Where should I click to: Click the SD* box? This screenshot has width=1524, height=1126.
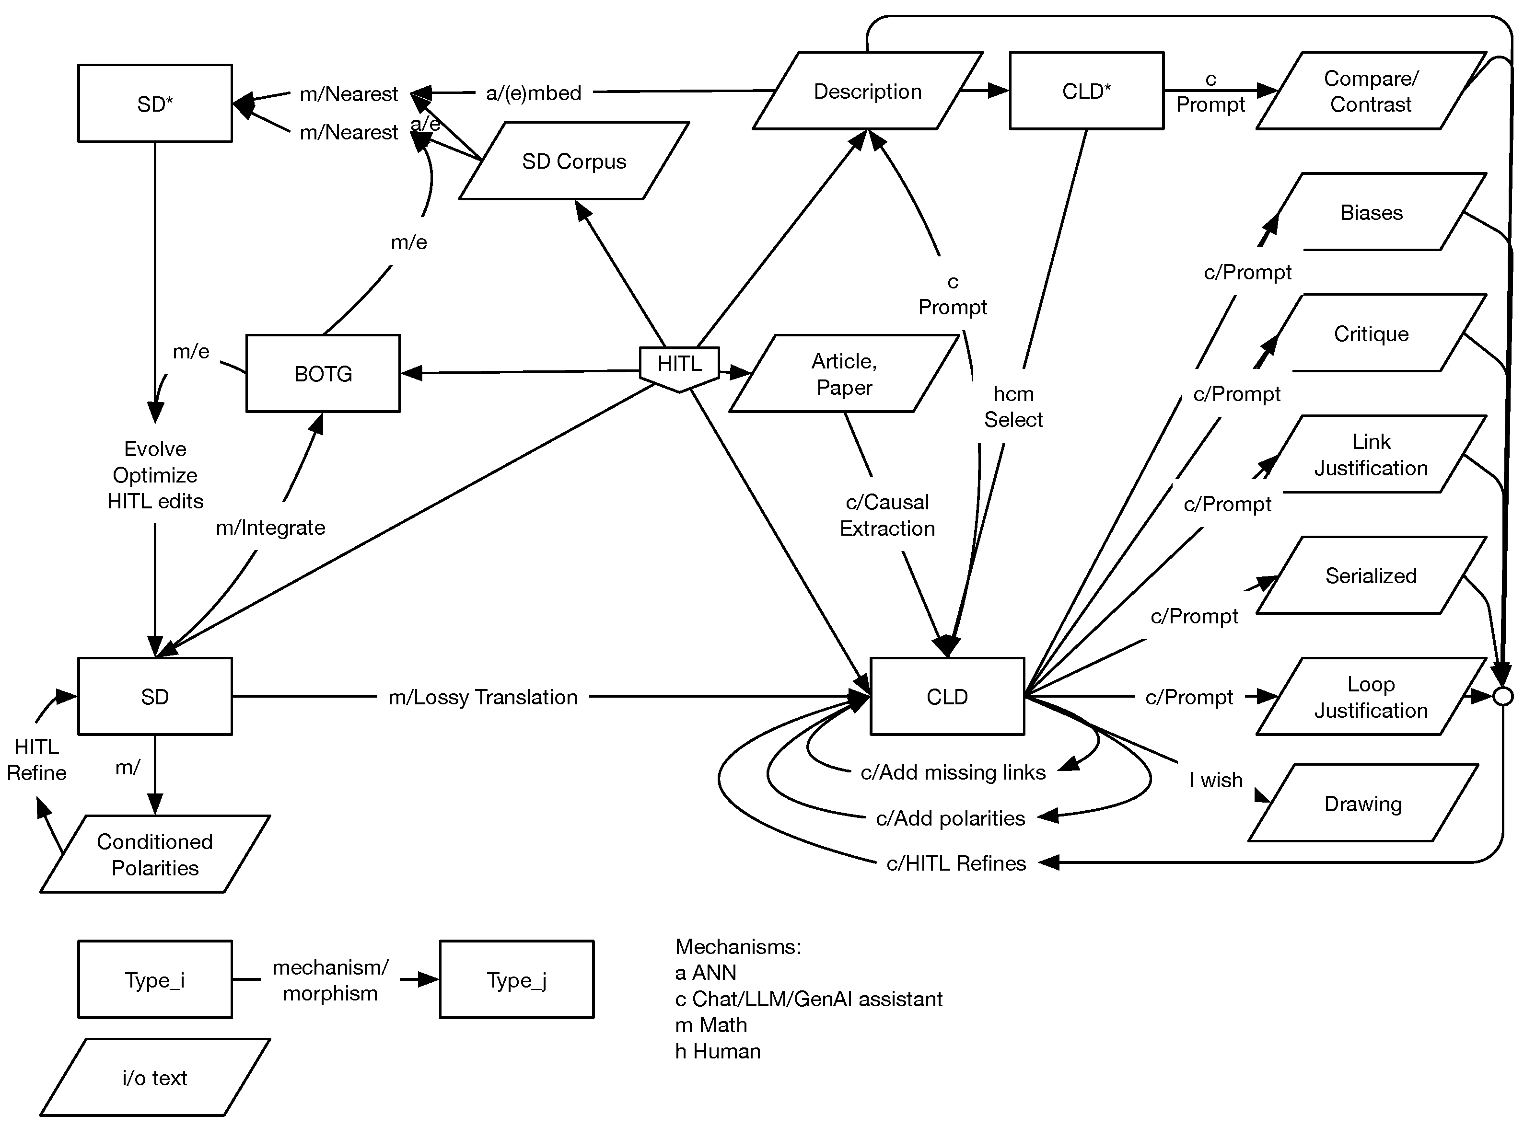coord(155,103)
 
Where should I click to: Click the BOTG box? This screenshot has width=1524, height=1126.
coord(323,374)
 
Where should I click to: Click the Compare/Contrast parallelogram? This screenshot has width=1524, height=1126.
coord(1370,91)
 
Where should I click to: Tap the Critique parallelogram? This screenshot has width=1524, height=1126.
coord(1371,333)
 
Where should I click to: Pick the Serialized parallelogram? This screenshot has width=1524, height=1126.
coord(1371,575)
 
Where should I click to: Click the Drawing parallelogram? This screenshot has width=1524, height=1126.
coord(1362,804)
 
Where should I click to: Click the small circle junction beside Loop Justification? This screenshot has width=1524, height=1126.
coord(1503,697)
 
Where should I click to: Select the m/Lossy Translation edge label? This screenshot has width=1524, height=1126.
coord(482,697)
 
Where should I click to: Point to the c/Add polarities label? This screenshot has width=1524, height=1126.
coord(950,818)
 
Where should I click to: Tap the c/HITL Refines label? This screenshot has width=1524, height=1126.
coord(955,863)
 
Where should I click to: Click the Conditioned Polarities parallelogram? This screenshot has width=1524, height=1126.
coord(155,854)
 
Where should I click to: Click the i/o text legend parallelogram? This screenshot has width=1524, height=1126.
coord(155,1078)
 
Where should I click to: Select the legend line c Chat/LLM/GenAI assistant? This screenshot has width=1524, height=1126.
coord(808,999)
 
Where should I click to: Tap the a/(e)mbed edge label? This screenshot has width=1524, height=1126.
coord(533,92)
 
